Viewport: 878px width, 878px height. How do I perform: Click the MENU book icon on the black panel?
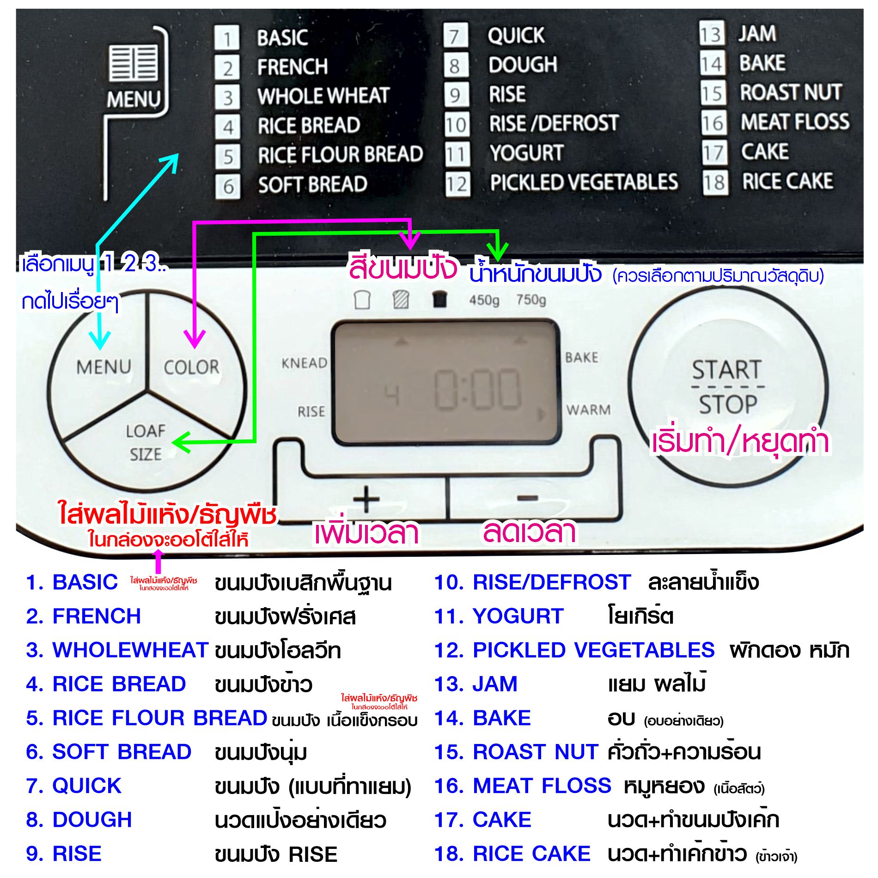click(134, 62)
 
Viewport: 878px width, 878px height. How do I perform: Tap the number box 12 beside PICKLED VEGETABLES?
click(457, 184)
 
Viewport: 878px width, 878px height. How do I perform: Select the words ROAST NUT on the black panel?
click(791, 92)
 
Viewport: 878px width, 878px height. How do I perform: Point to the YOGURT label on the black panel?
click(526, 153)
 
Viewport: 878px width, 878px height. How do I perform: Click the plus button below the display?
click(366, 499)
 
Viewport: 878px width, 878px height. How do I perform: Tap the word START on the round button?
click(726, 370)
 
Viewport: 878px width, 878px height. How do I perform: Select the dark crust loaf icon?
click(439, 299)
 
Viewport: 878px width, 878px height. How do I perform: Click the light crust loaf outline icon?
click(362, 300)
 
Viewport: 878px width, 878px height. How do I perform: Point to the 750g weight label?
click(531, 300)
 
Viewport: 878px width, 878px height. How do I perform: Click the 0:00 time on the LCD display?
click(477, 390)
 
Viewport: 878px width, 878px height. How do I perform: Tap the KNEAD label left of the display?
click(304, 363)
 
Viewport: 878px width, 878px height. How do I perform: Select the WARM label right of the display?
click(588, 410)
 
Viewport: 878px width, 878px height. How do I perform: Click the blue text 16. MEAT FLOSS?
click(523, 786)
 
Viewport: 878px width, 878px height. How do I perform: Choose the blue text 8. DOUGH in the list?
click(79, 819)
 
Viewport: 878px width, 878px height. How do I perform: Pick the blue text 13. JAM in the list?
click(476, 684)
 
